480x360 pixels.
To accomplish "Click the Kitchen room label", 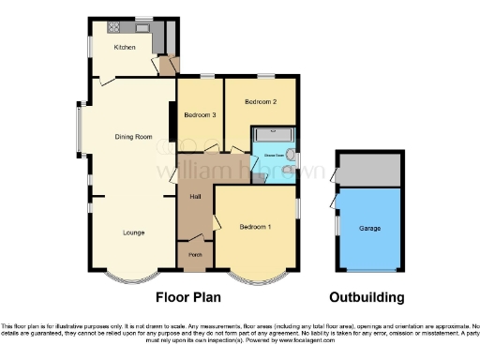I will (x=125, y=47).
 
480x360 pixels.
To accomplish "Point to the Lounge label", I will (x=133, y=232).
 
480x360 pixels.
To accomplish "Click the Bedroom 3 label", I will (x=200, y=115).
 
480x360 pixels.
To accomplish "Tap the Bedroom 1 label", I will (x=255, y=227).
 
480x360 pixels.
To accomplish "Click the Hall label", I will (x=196, y=196).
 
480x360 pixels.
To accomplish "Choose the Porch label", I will (x=195, y=254).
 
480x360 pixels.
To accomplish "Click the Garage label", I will (x=369, y=227).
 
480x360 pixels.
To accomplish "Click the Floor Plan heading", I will (x=193, y=297).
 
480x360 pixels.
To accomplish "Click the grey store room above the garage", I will (x=369, y=170).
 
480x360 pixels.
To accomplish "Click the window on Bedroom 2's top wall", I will (x=266, y=76).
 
